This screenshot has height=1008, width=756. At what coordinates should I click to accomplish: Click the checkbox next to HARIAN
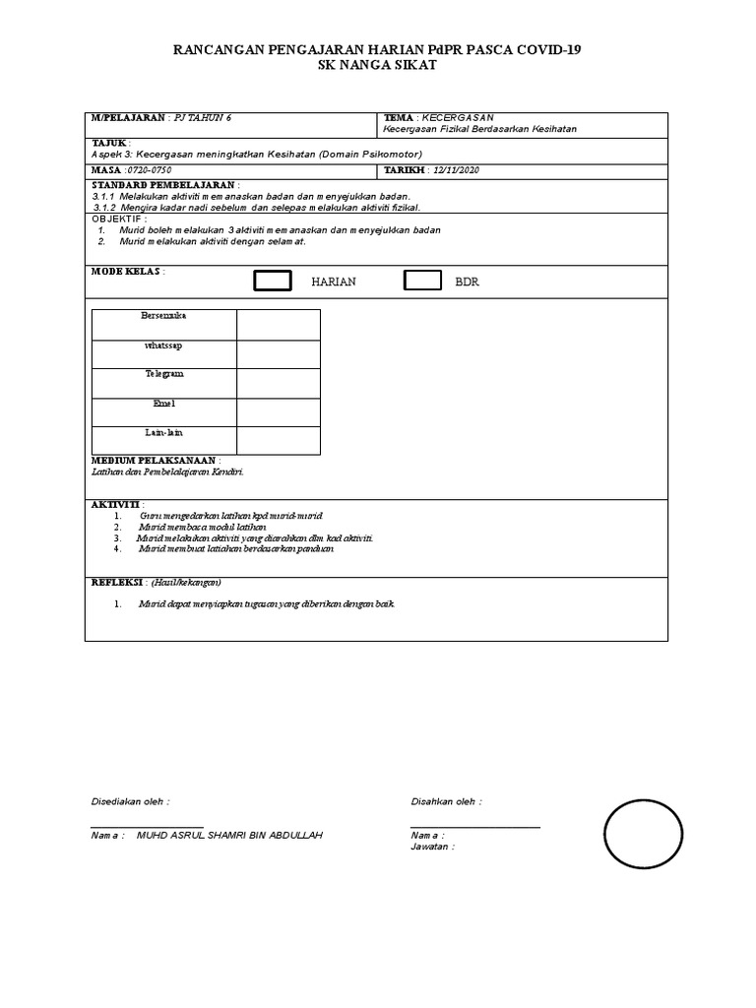pyautogui.click(x=273, y=282)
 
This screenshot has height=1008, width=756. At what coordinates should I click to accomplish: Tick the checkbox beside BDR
pyautogui.click(x=422, y=282)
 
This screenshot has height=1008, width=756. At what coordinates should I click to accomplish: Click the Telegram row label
pyautogui.click(x=163, y=374)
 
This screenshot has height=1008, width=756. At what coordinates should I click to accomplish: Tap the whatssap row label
pyautogui.click(x=163, y=346)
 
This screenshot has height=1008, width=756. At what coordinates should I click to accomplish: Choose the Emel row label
pyautogui.click(x=163, y=404)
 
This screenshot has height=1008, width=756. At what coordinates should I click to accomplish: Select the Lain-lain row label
pyautogui.click(x=163, y=432)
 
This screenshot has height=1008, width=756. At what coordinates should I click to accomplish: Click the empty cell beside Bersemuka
pyautogui.click(x=278, y=324)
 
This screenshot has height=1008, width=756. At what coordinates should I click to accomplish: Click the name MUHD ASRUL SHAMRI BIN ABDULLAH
pyautogui.click(x=229, y=835)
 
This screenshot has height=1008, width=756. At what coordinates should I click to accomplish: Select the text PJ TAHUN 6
pyautogui.click(x=203, y=117)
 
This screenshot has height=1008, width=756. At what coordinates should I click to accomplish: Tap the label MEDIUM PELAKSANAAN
pyautogui.click(x=154, y=461)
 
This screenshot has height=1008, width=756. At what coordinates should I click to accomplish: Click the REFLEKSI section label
pyautogui.click(x=117, y=582)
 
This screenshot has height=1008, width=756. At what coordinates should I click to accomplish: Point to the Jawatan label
pyautogui.click(x=431, y=846)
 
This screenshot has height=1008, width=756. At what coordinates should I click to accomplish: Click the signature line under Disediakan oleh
pyautogui.click(x=147, y=825)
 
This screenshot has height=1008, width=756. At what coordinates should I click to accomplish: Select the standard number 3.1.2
pyautogui.click(x=104, y=208)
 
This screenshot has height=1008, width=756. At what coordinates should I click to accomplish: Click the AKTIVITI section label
pyautogui.click(x=116, y=504)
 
